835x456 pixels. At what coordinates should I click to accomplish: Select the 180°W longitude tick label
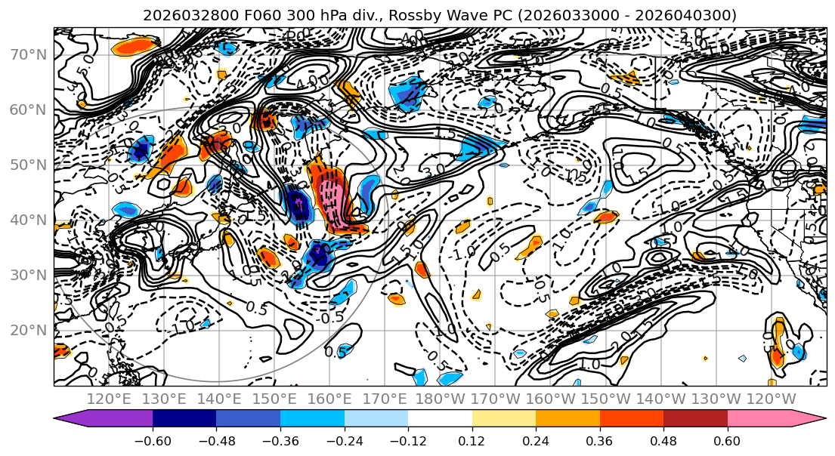(441, 399)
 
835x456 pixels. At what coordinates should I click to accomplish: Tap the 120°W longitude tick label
(772, 399)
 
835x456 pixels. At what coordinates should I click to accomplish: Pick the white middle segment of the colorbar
(440, 419)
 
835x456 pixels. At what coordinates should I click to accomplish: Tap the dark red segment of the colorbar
(695, 419)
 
